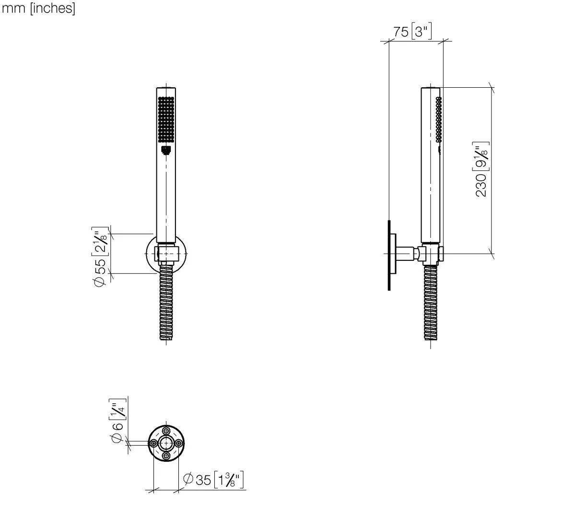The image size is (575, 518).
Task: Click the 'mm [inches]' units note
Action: pyautogui.click(x=39, y=9)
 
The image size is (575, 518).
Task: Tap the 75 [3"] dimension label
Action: pyautogui.click(x=412, y=32)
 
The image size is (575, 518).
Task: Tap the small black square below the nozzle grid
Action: pyautogui.click(x=166, y=151)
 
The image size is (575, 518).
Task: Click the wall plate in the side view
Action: pyautogui.click(x=390, y=255)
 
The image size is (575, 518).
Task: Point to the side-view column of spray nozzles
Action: pyautogui.click(x=438, y=119)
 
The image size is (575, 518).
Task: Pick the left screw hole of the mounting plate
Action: pyautogui.click(x=153, y=444)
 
